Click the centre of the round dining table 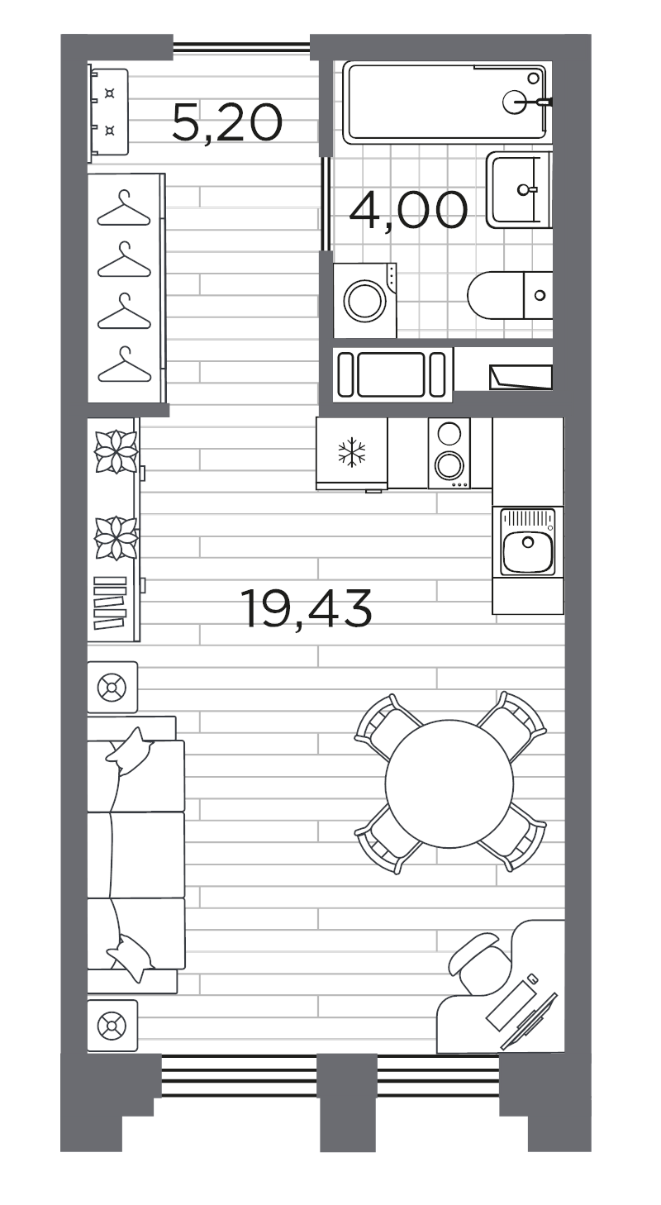(x=449, y=783)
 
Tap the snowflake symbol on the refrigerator (x=352, y=451)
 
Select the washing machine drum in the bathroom (x=365, y=301)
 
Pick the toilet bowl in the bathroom (x=496, y=295)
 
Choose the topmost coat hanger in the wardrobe (x=124, y=208)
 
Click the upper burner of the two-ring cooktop (x=449, y=433)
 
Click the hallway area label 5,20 (x=227, y=123)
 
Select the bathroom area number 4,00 (x=408, y=210)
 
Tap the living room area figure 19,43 (x=306, y=608)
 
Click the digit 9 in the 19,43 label (x=273, y=608)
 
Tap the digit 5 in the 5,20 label (x=186, y=123)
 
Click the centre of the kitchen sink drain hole (x=528, y=541)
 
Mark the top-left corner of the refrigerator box (x=316, y=417)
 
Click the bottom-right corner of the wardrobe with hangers (x=165, y=402)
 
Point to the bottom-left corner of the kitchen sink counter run (x=492, y=614)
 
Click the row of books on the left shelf (x=110, y=602)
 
